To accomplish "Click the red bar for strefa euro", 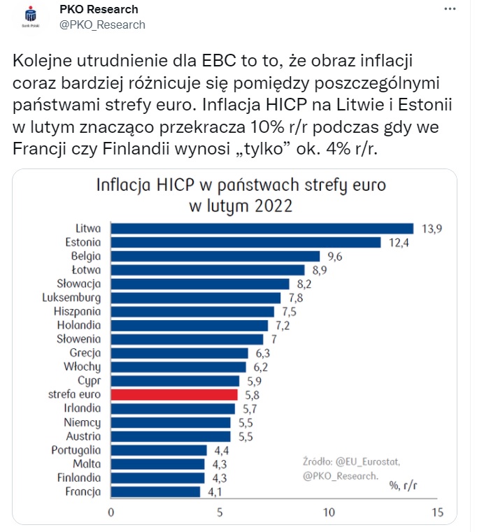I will point(175,394).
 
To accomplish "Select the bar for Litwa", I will point(262,228).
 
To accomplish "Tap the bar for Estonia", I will point(246,242).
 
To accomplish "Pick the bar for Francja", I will point(155,491).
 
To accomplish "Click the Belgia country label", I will point(86,256).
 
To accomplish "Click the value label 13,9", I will point(432,229).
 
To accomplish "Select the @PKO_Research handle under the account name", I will point(102,25).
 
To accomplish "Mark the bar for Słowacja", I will point(200,283).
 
